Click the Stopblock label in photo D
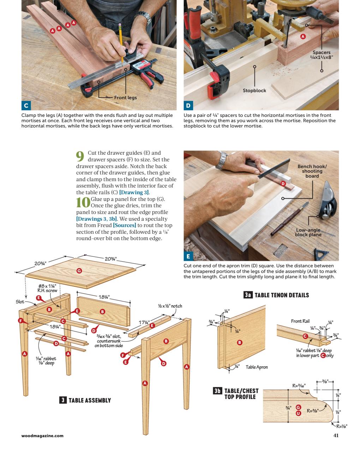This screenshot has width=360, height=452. coord(254,90)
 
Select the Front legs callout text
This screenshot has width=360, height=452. coord(125,97)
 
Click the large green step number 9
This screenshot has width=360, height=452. coord(80,155)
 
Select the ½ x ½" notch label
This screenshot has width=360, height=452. coord(170,306)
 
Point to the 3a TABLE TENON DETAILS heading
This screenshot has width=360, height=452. coord(276,295)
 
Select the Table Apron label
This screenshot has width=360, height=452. coord(257,367)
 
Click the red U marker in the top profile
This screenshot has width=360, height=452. coord(298,413)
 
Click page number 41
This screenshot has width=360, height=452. coord(336,435)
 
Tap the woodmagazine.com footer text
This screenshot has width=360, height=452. coord(42,436)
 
